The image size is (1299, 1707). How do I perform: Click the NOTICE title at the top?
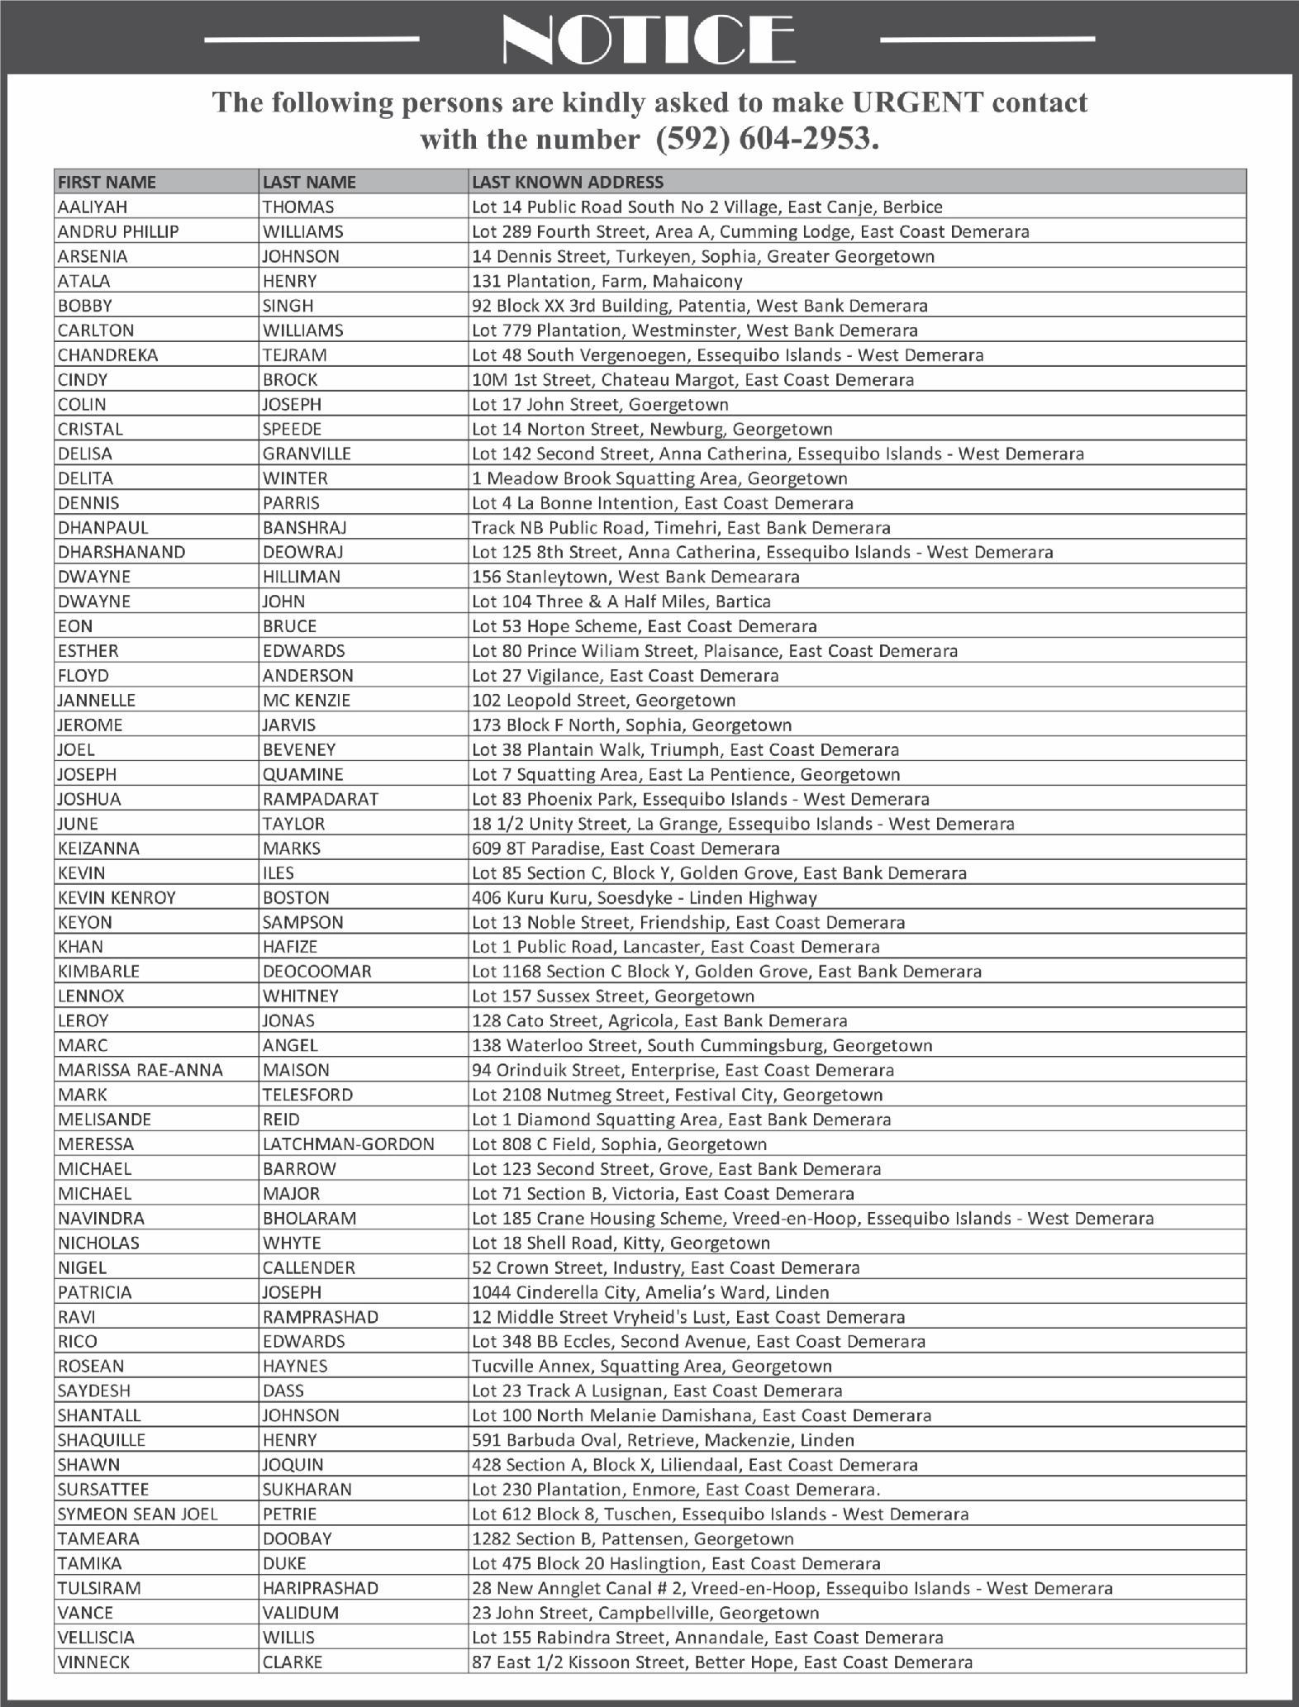pos(649,39)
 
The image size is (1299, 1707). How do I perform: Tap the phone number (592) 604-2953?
pos(766,139)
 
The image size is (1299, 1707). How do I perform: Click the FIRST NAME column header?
pos(107,182)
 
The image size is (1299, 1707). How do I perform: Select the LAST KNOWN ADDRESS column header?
pos(567,182)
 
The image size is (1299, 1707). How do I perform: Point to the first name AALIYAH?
pos(93,207)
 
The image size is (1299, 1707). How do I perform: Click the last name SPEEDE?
pos(292,429)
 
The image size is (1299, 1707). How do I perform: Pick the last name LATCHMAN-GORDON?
pos(348,1144)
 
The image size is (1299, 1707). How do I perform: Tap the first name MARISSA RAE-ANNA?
pos(140,1070)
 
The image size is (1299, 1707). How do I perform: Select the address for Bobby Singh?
pos(699,306)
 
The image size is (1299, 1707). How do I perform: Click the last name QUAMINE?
pos(302,774)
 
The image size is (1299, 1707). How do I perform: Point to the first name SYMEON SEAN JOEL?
pos(138,1514)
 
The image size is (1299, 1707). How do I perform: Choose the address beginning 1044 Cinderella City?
pos(649,1292)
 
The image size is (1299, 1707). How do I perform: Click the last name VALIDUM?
pos(300,1613)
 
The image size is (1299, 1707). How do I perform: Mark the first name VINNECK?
pos(93,1662)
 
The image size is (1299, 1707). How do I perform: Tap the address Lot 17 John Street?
pos(600,404)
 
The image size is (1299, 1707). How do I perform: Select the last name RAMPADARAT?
pos(320,799)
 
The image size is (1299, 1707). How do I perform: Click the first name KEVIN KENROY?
pos(117,897)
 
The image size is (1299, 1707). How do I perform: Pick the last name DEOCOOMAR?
pos(316,972)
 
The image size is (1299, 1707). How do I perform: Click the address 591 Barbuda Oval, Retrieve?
pos(663,1440)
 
